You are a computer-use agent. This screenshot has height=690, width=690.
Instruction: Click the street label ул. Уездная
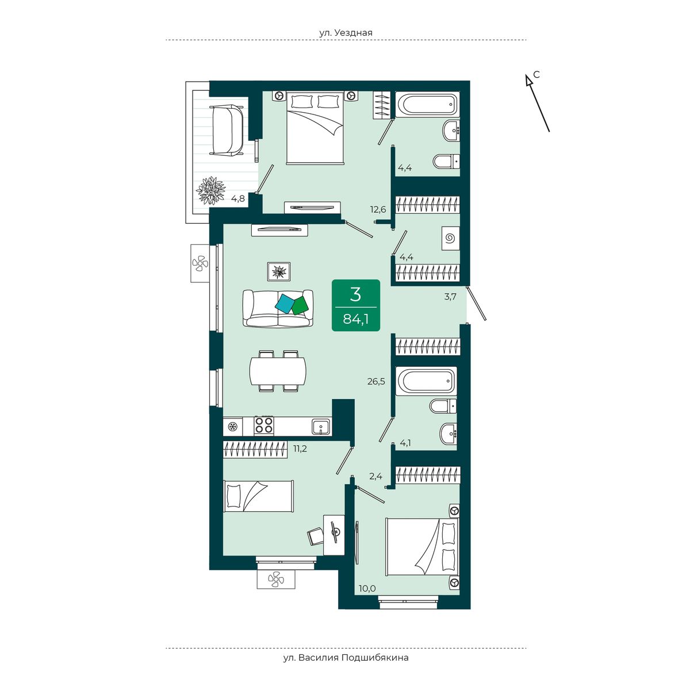pos(346,33)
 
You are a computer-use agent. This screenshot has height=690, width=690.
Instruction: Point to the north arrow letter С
pos(536,75)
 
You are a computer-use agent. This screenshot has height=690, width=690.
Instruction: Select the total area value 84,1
pos(355,319)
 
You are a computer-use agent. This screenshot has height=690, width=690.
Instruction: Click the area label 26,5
pos(376,381)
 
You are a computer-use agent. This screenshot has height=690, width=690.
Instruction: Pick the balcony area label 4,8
pos(237,198)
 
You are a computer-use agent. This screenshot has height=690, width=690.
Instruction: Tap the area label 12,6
pos(378,209)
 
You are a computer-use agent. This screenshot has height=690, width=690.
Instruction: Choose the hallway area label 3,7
pos(450,297)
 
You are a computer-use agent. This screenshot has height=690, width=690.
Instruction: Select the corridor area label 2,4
pos(375,476)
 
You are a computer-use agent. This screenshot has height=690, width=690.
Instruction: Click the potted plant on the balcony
pos(211,190)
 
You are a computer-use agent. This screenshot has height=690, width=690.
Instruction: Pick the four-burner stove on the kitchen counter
pos(264,426)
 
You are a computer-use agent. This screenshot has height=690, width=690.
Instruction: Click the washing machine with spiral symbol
pos(450,238)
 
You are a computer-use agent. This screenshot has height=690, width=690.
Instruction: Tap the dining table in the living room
pos(278,371)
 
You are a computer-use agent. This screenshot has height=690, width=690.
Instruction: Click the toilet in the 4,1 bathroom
pos(443,406)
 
